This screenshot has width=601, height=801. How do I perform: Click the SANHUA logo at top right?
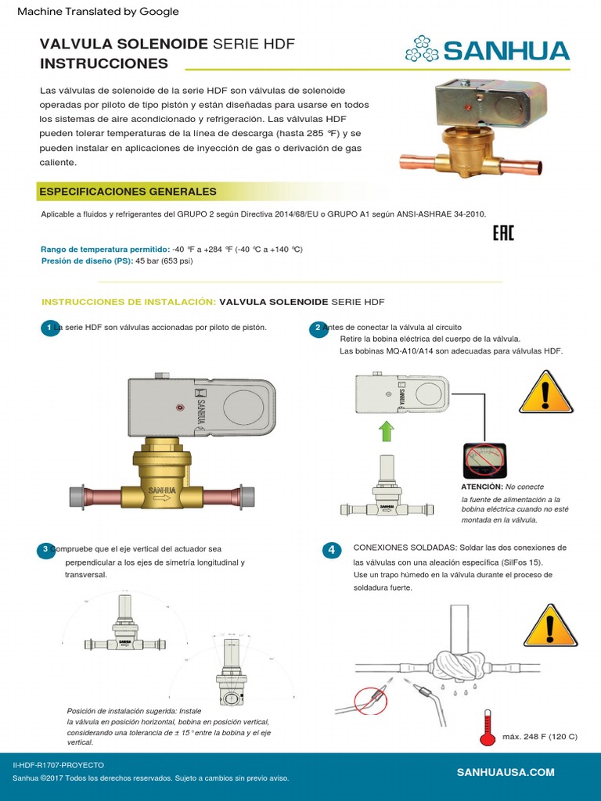[487, 52]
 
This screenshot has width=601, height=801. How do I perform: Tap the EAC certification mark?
[503, 233]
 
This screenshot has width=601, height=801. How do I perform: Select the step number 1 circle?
[49, 329]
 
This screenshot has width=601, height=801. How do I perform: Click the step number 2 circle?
[318, 329]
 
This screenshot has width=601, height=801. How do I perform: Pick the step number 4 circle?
[331, 551]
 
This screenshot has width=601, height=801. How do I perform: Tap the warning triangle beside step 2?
[546, 390]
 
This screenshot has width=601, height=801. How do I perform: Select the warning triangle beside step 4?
[550, 625]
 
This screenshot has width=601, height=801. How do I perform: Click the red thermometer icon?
[488, 725]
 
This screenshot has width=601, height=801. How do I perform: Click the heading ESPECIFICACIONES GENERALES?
[127, 192]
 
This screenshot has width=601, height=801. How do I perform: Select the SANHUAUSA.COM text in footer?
[505, 772]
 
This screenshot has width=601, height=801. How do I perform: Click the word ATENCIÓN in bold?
[481, 487]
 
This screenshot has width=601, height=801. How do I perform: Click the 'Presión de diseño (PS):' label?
[86, 261]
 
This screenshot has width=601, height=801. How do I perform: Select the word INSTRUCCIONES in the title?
[103, 63]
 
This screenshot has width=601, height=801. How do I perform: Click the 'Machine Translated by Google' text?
[98, 12]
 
